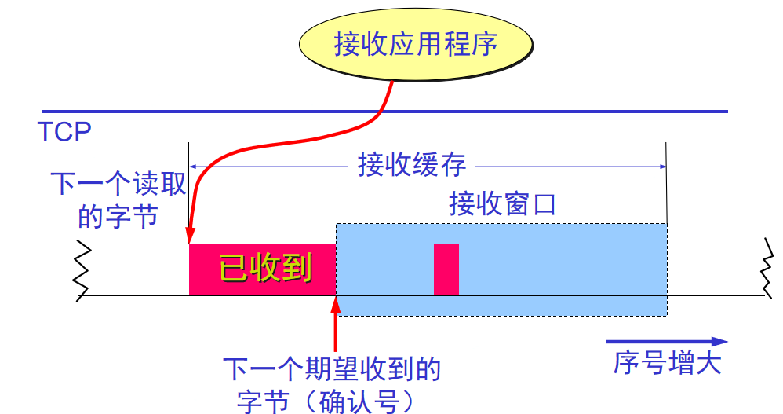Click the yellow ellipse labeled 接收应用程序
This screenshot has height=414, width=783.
[x=415, y=44]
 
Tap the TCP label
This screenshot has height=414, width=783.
[x=64, y=131]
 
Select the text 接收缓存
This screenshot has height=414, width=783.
[x=412, y=166]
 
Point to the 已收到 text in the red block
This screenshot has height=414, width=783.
[x=264, y=269]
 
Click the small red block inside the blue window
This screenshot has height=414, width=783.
[x=446, y=269]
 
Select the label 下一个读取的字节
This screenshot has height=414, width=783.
[x=118, y=200]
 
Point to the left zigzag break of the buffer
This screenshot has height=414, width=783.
[x=83, y=269]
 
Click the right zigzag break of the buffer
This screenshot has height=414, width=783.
[x=767, y=269]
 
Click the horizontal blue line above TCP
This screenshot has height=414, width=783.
[x=384, y=112]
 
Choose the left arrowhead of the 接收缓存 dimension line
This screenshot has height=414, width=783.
[x=194, y=166]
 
